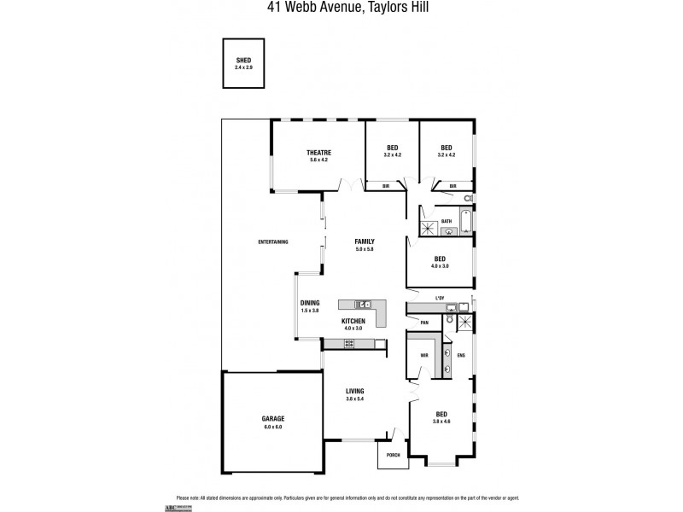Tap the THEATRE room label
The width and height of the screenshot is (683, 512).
pyautogui.click(x=318, y=152)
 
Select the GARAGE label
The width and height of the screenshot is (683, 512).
pyautogui.click(x=272, y=418)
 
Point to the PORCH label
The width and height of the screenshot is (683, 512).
pyautogui.click(x=394, y=455)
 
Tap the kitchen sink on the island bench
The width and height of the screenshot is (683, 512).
pyautogui.click(x=362, y=303)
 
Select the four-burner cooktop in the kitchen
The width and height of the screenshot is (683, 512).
pyautogui.click(x=348, y=343)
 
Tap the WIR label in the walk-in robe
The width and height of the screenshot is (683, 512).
pyautogui.click(x=423, y=355)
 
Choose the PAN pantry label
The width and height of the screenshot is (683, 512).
pyautogui.click(x=423, y=322)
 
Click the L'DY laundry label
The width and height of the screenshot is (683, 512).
pyautogui.click(x=440, y=297)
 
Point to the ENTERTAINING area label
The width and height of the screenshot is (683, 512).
pyautogui.click(x=272, y=241)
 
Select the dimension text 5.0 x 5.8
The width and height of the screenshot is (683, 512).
pyautogui.click(x=365, y=249)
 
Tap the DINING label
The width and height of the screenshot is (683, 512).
pyautogui.click(x=309, y=303)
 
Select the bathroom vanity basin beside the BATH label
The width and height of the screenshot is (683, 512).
pyautogui.click(x=448, y=230)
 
